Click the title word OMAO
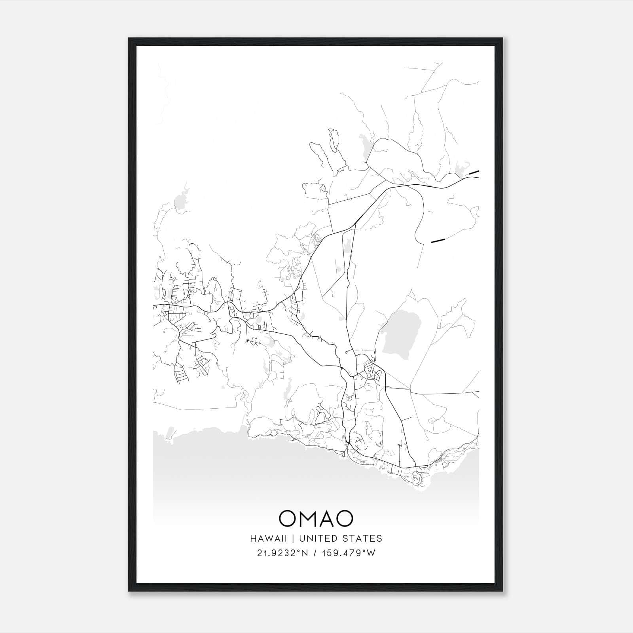pos(316,518)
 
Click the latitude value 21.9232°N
pos(282,553)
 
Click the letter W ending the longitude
pos(371,553)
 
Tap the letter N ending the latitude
pos(305,553)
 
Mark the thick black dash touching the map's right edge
pos(474,172)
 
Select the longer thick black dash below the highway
pos(438,240)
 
